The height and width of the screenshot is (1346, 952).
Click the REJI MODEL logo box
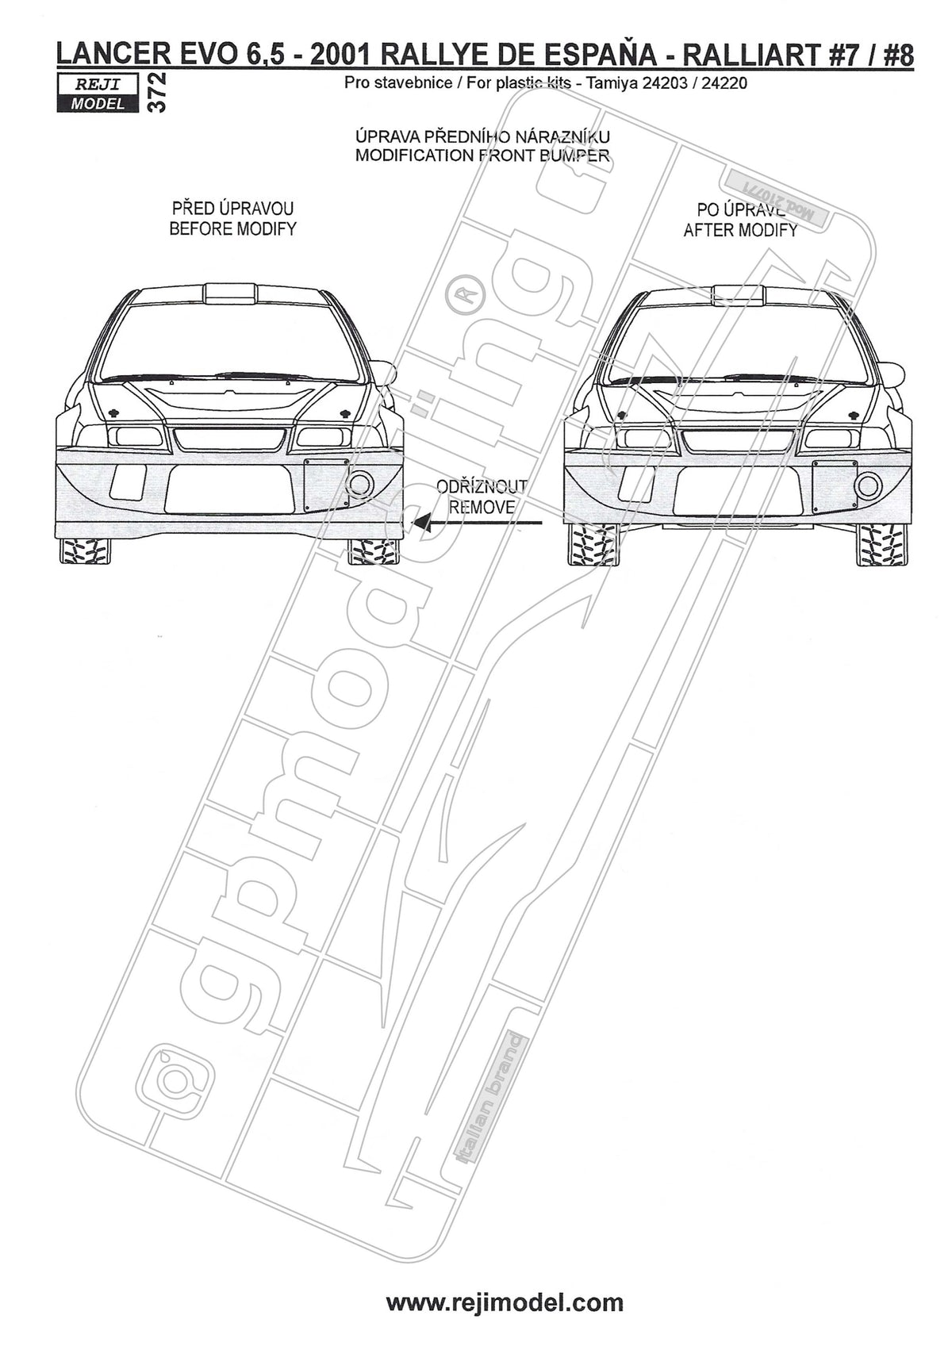[98, 93]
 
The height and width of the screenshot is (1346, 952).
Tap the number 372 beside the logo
[156, 93]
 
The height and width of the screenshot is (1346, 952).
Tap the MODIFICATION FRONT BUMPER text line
[482, 155]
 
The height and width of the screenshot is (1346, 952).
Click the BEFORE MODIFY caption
[232, 229]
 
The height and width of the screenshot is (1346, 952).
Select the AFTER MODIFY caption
[740, 230]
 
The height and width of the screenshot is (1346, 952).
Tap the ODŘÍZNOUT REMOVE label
[482, 497]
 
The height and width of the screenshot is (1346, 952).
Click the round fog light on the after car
[869, 485]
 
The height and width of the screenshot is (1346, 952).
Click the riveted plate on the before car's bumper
[328, 485]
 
